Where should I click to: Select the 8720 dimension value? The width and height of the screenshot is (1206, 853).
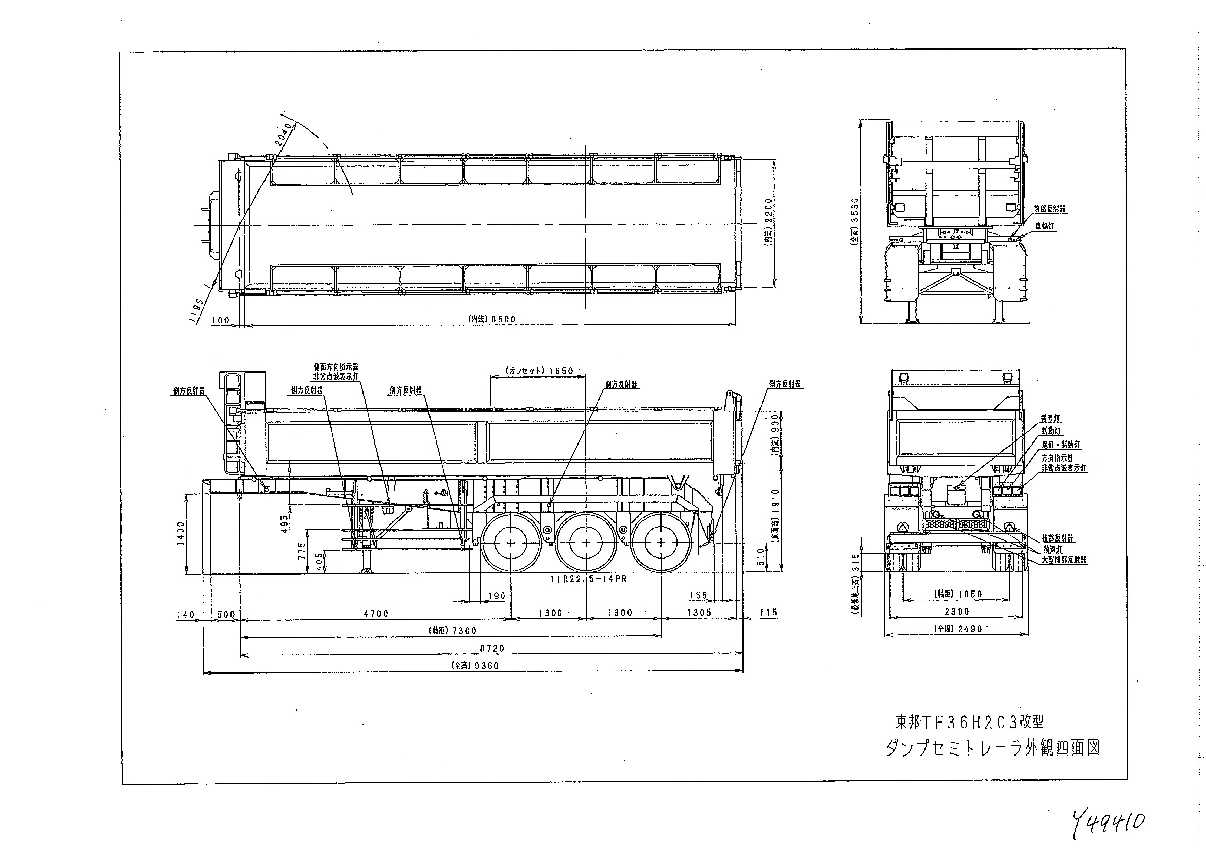coord(492,648)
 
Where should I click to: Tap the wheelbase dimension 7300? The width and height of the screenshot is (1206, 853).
coord(464,631)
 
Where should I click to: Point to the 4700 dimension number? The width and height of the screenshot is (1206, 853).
coord(375,614)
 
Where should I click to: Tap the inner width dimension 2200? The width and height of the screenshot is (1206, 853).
coord(769,215)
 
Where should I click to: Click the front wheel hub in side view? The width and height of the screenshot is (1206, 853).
coord(511,543)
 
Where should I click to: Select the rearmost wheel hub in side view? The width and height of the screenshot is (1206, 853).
coord(661,543)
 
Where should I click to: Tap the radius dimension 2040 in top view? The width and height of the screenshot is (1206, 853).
coord(285,135)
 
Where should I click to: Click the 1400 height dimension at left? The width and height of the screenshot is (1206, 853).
coord(181,535)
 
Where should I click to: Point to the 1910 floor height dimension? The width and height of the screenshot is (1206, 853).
coord(776,503)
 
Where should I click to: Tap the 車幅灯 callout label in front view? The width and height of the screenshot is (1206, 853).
coord(1045,226)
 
